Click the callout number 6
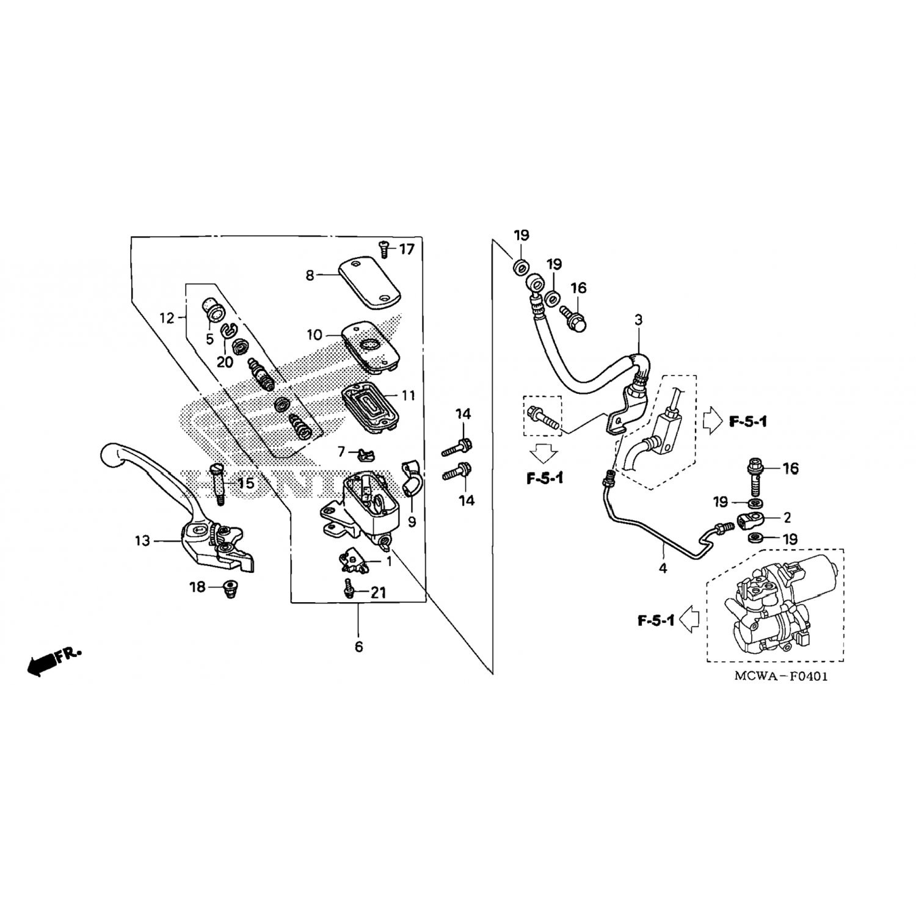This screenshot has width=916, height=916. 358,646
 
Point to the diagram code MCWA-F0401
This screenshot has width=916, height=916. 781,677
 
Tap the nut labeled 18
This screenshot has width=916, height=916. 231,589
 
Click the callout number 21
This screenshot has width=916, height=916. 379,592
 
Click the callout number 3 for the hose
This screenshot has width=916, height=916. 639,320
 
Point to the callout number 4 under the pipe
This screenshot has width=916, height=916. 663,569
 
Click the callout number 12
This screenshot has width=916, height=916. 167,318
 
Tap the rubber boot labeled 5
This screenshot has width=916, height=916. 214,310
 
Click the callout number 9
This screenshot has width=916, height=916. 412,523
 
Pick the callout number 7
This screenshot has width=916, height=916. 341,452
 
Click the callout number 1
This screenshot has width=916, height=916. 388,561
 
